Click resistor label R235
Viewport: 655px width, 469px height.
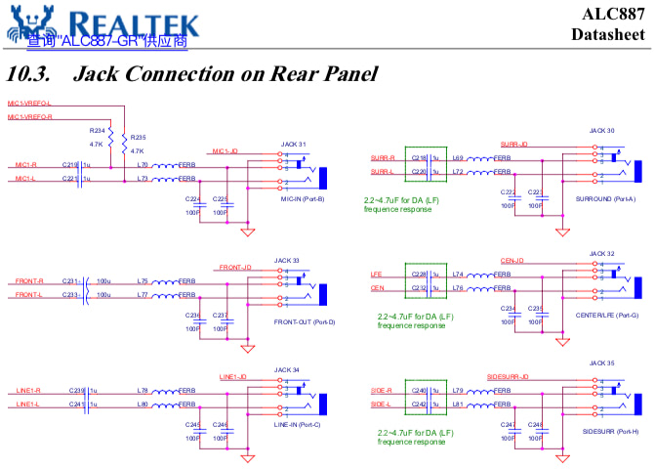click(x=138, y=138)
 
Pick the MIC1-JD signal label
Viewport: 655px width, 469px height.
click(x=225, y=150)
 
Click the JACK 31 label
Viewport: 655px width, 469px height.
click(x=294, y=143)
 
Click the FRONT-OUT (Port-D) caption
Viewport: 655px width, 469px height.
click(x=305, y=320)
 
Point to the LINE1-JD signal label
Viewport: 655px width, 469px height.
click(x=235, y=376)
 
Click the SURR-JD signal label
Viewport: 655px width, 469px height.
click(x=513, y=143)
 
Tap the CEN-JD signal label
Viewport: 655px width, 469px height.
click(x=512, y=260)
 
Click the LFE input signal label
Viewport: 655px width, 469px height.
click(x=376, y=275)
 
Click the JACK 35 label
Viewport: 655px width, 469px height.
click(x=602, y=362)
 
